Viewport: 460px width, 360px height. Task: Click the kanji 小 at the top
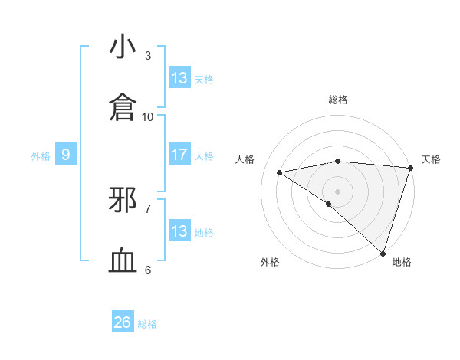123,47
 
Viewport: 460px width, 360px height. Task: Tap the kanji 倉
123,108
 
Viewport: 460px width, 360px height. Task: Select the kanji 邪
123,200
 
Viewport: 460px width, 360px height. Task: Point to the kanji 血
123,261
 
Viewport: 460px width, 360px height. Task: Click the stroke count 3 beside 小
148,56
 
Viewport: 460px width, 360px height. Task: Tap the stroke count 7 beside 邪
148,208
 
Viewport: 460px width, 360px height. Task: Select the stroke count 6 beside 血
148,270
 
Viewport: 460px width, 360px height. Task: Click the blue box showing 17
179,155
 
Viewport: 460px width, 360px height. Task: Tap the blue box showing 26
123,323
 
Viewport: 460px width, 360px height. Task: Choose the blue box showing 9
66,155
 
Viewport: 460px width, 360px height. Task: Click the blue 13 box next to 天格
179,78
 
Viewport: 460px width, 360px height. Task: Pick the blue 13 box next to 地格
179,231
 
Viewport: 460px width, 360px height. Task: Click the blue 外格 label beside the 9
41,156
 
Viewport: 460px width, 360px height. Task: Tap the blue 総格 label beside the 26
147,324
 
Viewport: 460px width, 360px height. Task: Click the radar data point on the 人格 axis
280,172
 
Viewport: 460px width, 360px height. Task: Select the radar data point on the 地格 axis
383,253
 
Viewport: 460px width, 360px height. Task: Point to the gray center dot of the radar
337,190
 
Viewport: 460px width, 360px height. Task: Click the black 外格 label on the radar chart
270,263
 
